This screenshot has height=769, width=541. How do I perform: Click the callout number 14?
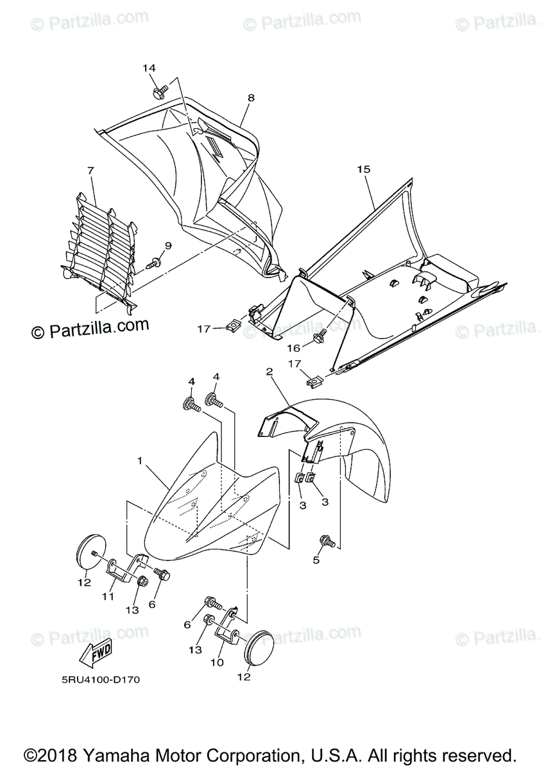click(x=149, y=68)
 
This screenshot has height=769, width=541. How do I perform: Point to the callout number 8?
click(x=250, y=97)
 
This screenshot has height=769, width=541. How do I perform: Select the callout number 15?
click(x=364, y=169)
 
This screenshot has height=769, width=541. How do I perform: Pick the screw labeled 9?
click(x=154, y=262)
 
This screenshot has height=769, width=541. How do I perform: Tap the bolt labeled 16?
click(x=319, y=335)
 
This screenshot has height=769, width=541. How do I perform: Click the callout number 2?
click(x=270, y=371)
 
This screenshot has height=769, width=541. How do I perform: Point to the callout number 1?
click(x=139, y=460)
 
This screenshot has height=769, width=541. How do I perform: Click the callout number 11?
click(x=108, y=596)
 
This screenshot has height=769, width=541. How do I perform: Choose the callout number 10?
click(x=218, y=662)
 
